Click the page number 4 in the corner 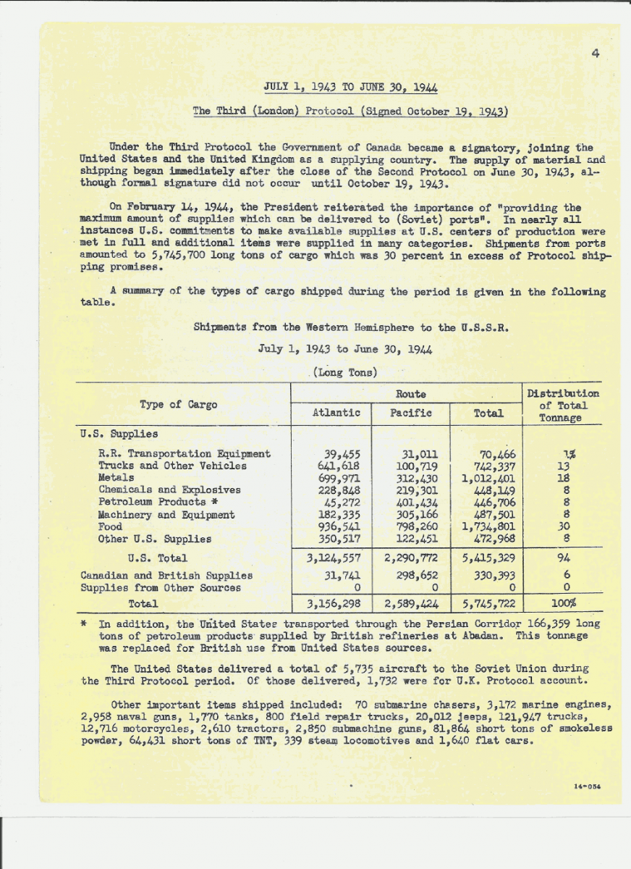coord(594,52)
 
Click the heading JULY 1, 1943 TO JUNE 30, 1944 coord(350,88)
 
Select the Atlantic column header coord(336,413)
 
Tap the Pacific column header coord(411,413)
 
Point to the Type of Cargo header coord(178,405)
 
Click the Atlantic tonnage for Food coord(339,526)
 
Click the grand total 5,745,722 coord(488,603)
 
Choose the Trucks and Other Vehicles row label coord(172,466)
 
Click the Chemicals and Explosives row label coord(169,490)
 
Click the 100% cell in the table coord(564,603)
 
